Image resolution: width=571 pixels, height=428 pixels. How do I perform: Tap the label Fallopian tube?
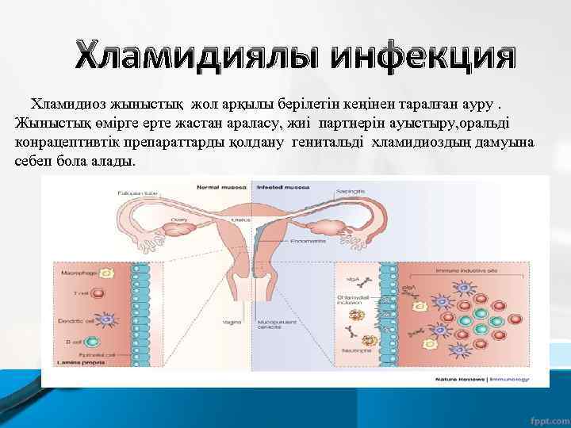(136, 193)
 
